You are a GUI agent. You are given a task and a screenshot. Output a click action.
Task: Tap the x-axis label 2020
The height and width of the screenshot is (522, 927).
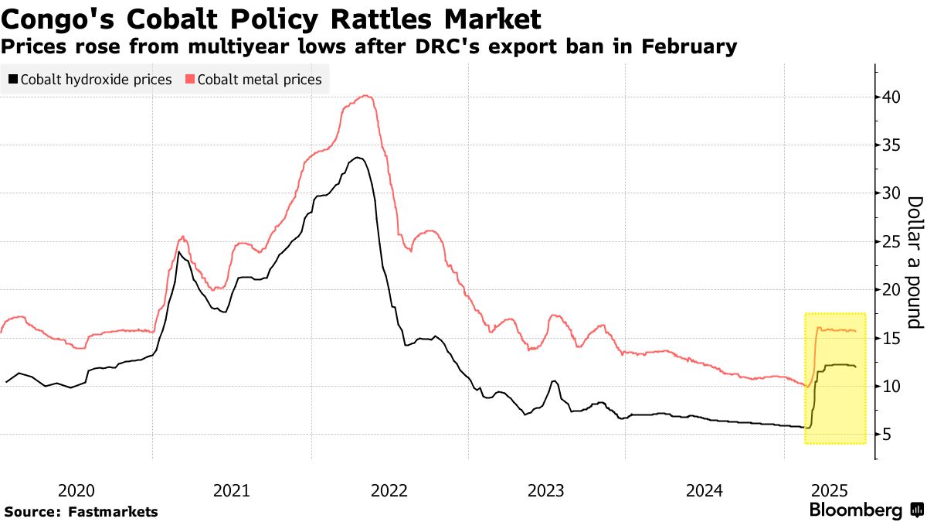pos(76,490)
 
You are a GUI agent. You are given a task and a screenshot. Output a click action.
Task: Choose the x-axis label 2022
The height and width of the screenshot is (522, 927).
pos(389,490)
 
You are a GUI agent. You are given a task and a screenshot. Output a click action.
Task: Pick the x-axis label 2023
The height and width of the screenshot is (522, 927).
pos(546,490)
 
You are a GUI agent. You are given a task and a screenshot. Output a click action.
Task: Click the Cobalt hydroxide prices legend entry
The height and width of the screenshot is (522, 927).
pos(96,80)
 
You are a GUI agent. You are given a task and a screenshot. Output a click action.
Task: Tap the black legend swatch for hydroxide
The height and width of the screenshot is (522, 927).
pos(13,80)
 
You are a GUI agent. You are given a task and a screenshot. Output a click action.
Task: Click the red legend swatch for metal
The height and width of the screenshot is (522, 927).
pos(190,80)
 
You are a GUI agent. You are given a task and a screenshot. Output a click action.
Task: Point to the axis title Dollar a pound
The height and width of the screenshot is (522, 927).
pos(915,261)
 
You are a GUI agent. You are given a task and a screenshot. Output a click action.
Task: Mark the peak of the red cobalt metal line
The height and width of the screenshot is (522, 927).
pos(366,96)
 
